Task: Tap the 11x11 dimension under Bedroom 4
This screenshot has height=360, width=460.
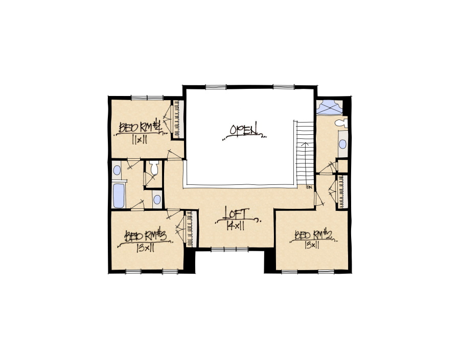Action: [x=139, y=139]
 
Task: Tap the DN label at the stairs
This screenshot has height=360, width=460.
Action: [x=309, y=187]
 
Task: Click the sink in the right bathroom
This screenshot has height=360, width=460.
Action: [x=342, y=144]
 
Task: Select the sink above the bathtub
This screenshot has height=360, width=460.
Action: [x=117, y=170]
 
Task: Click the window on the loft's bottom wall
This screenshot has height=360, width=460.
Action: [x=229, y=249]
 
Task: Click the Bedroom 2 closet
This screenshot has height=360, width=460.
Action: [x=342, y=191]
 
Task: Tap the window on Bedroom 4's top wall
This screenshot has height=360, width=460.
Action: [x=147, y=98]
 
